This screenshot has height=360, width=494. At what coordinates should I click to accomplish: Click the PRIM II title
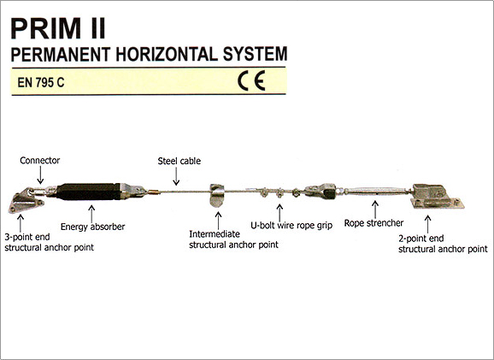(58, 29)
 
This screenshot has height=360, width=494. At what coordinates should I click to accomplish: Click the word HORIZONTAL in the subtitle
(167, 54)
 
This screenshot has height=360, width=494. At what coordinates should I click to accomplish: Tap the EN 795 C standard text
(41, 83)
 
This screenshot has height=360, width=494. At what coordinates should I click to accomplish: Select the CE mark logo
(251, 80)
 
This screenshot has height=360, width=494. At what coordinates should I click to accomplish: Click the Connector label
(39, 161)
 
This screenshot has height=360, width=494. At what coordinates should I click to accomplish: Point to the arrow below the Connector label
(40, 175)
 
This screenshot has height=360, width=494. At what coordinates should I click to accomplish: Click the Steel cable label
(179, 161)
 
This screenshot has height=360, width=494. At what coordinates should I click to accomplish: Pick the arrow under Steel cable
(176, 176)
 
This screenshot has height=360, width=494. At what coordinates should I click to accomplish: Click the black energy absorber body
(88, 192)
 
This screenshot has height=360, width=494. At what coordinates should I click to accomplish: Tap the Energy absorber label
(92, 227)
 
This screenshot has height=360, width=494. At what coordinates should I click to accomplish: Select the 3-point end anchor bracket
(25, 202)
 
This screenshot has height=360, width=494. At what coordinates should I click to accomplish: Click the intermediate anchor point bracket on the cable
(217, 196)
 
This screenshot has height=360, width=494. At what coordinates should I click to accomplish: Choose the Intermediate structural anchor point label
(233, 239)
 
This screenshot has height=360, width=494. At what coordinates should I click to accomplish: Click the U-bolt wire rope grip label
(291, 226)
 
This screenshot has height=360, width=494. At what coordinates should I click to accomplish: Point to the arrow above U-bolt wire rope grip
(279, 213)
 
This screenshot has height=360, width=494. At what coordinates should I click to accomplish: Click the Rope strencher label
(373, 223)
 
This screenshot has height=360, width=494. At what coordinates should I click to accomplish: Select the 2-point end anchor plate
(438, 197)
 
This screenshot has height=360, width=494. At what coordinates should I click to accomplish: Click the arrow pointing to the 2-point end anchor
(427, 224)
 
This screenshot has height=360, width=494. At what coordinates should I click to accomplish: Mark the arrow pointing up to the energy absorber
(91, 214)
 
